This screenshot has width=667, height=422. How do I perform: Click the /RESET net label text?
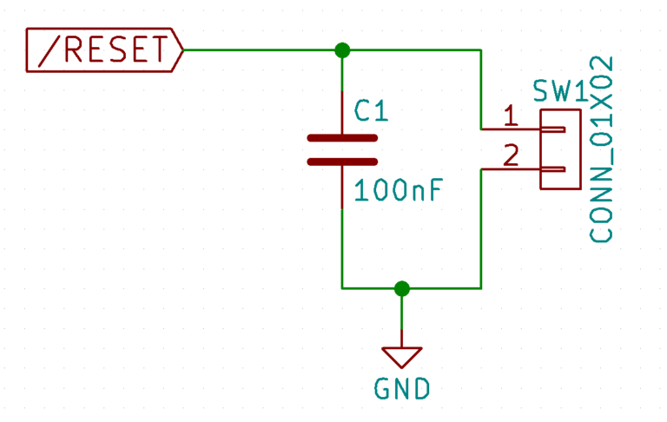pos(102,50)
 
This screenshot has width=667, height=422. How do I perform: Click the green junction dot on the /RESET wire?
pos(342,49)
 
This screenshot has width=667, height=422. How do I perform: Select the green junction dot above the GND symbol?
pos(401,288)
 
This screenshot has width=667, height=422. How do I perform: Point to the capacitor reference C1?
pos(372,110)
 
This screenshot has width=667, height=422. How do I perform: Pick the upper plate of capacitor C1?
pos(342,138)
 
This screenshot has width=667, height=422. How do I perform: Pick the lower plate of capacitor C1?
pos(342,162)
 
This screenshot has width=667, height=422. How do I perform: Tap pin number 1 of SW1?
pos(511,115)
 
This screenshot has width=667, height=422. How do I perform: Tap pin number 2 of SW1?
pos(511,155)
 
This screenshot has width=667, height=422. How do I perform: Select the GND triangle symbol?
pos(401,355)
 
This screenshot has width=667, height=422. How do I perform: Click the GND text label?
pos(402,389)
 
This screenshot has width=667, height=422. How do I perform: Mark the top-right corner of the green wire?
pos(480,49)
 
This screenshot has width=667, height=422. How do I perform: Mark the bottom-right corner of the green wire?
pos(480,288)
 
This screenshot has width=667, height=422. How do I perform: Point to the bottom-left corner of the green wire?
pos(342,288)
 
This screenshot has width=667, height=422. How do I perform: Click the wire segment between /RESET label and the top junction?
pos(261,49)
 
